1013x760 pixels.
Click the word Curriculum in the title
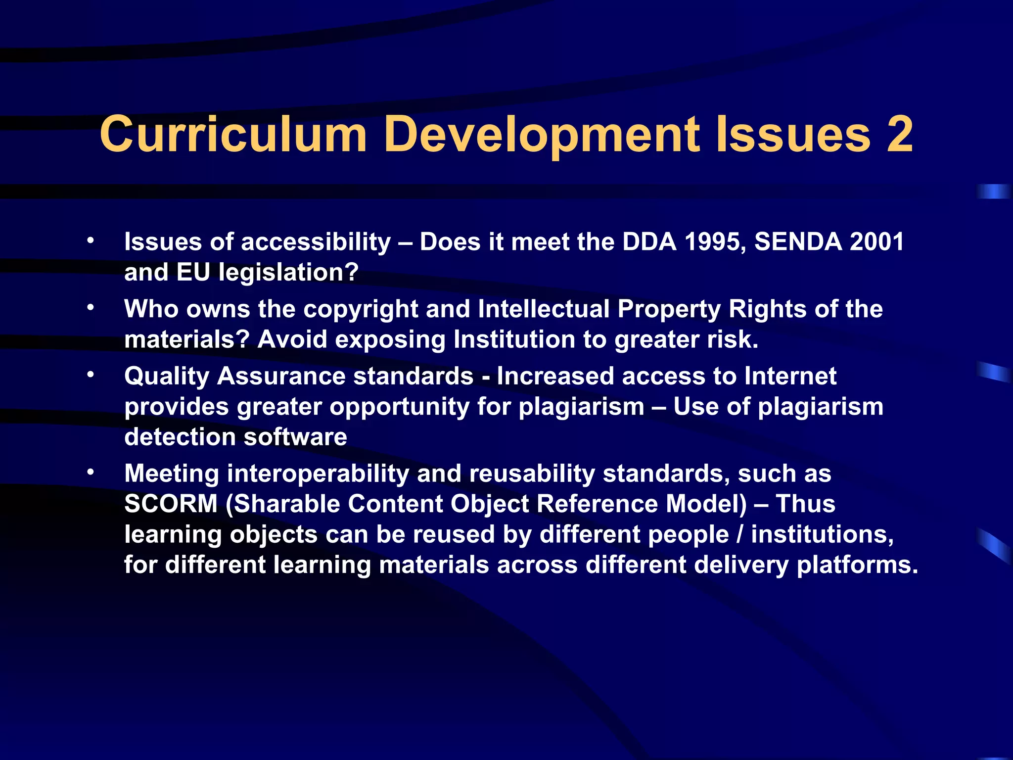[x=233, y=134]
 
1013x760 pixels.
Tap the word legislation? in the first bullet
[x=288, y=273]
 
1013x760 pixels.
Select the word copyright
[x=361, y=310]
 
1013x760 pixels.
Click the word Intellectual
[x=544, y=309]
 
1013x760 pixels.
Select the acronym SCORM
[x=171, y=504]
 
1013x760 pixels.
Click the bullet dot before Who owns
[x=90, y=308]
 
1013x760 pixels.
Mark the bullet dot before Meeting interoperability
[x=90, y=472]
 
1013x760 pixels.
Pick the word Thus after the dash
[x=806, y=504]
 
